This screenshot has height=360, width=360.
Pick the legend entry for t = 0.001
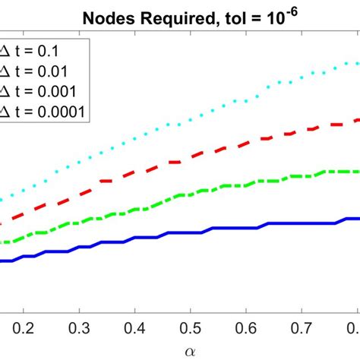(x=41, y=93)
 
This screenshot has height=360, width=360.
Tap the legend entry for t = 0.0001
(x=45, y=112)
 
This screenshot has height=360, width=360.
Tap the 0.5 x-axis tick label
(x=191, y=327)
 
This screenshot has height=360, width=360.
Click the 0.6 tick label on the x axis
(x=246, y=327)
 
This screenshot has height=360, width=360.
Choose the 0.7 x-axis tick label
(x=302, y=327)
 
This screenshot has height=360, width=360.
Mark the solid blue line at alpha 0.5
(x=191, y=232)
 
